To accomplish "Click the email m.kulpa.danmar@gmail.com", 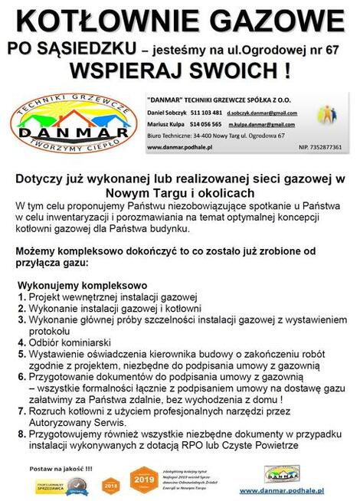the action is click(261, 123).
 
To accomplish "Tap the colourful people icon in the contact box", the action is click(327, 116).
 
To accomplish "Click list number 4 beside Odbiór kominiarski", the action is click(21, 342).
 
